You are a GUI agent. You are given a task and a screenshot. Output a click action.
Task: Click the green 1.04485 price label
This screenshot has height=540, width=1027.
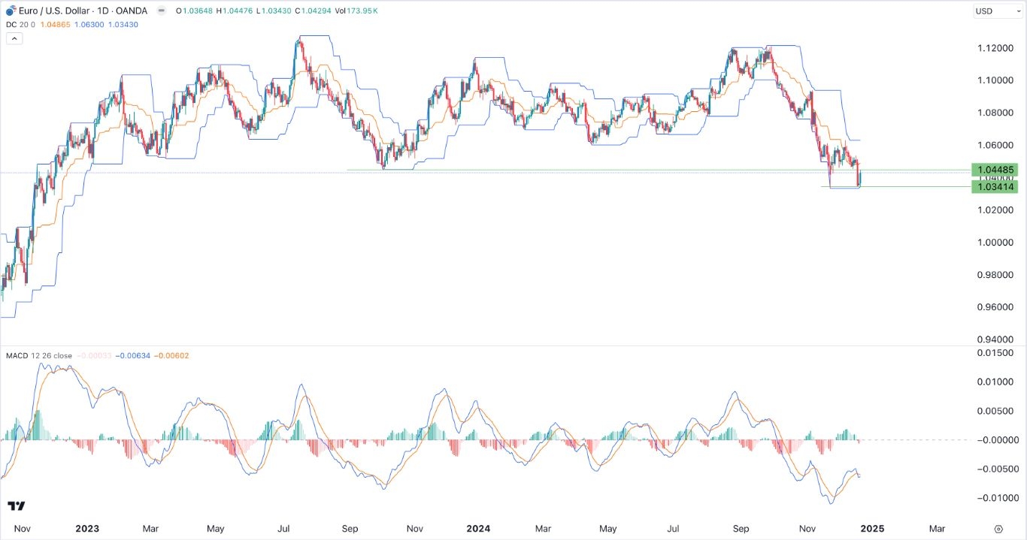click(x=994, y=170)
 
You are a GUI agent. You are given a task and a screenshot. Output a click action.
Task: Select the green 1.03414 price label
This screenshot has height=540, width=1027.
click(x=994, y=186)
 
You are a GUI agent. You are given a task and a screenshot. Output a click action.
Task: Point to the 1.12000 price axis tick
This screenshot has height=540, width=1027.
click(x=994, y=48)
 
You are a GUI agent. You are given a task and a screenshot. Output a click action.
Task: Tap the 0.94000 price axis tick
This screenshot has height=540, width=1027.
click(x=994, y=339)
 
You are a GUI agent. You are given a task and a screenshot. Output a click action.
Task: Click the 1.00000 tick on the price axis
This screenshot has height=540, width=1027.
click(x=994, y=243)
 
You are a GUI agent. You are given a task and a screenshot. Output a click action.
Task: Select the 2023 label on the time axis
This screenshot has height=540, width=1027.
click(x=87, y=529)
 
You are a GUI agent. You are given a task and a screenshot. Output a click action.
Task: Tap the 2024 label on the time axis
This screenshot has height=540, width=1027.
click(x=477, y=529)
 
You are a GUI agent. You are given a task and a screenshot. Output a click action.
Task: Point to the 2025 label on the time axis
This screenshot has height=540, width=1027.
click(x=872, y=529)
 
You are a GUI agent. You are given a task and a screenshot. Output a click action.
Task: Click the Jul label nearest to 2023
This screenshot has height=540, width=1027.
click(x=284, y=529)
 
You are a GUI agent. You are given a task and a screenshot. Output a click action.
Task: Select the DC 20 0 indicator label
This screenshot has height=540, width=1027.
click(x=22, y=24)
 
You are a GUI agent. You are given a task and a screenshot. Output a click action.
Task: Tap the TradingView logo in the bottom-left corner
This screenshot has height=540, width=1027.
click(x=15, y=506)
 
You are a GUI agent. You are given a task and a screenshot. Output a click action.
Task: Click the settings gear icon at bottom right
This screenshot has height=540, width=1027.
click(x=998, y=529)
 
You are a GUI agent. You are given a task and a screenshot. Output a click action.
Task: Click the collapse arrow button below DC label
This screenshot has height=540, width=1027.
click(x=14, y=38)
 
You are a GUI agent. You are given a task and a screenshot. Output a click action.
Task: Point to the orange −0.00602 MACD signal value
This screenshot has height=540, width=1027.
click(x=173, y=355)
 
